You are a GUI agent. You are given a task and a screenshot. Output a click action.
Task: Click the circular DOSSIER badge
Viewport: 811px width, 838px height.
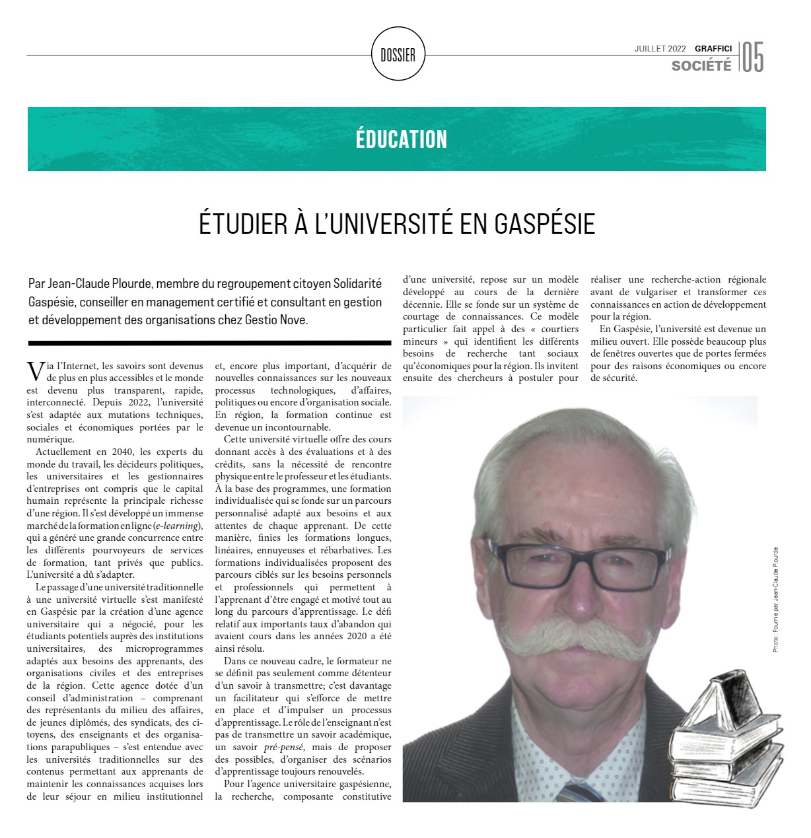coord(398,55)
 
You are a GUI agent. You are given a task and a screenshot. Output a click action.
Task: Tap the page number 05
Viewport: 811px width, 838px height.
coord(752,57)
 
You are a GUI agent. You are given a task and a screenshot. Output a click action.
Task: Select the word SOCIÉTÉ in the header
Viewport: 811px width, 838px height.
coord(701,65)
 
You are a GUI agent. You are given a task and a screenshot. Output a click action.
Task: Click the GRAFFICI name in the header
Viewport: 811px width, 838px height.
coord(713,48)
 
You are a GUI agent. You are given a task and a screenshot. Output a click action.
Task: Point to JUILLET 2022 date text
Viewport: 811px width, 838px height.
coord(660,48)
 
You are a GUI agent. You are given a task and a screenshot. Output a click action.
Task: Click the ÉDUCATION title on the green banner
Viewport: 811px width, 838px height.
coord(401,139)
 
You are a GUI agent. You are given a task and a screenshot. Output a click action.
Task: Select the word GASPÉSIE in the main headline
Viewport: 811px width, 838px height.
coord(544,224)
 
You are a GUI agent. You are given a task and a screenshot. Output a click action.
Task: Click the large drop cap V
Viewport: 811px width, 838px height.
coord(36,372)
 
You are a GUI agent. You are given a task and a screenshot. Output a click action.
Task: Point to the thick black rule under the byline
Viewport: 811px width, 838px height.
coord(209,343)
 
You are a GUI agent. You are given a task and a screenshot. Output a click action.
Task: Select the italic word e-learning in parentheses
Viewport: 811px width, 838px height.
coord(175,526)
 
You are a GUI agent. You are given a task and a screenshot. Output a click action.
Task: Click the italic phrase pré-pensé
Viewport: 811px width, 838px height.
coord(283,747)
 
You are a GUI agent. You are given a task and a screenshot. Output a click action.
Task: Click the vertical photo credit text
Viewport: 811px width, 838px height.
coord(775,600)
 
